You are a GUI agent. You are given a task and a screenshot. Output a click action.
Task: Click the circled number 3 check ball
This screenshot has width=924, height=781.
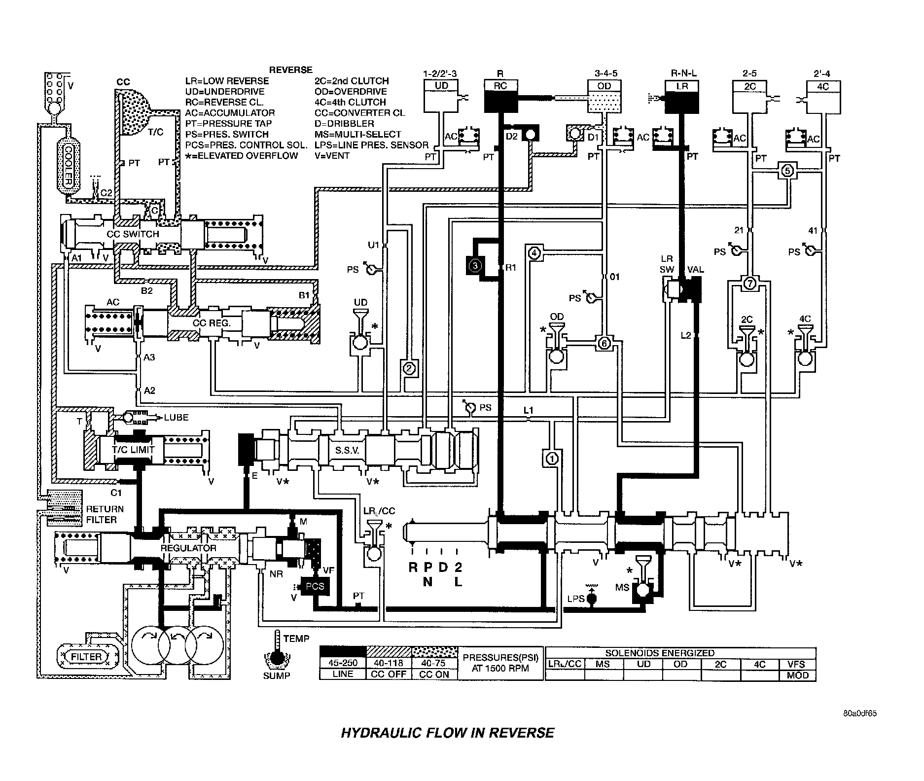pyautogui.click(x=475, y=266)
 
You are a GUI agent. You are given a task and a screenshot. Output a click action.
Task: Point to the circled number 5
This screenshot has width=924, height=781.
pyautogui.click(x=787, y=171)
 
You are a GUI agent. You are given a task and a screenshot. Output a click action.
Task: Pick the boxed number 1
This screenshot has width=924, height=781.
pyautogui.click(x=552, y=459)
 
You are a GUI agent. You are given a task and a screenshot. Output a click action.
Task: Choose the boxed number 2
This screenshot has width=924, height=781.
pyautogui.click(x=409, y=368)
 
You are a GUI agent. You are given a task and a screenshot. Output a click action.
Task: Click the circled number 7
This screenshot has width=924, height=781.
pyautogui.click(x=748, y=284)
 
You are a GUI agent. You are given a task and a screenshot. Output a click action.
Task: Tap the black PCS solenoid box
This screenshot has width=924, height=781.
pyautogui.click(x=315, y=587)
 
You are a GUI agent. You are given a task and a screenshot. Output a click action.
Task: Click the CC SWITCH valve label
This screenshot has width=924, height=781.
pyautogui.click(x=133, y=234)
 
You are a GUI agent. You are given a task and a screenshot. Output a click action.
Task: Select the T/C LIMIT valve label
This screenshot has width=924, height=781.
pyautogui.click(x=134, y=449)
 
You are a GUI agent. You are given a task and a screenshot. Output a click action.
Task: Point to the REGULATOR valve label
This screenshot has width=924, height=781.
pyautogui.click(x=188, y=548)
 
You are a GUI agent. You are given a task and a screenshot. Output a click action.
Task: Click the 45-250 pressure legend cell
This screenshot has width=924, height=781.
pyautogui.click(x=343, y=663)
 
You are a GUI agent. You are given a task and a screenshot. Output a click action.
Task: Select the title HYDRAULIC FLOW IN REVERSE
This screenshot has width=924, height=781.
pyautogui.click(x=447, y=733)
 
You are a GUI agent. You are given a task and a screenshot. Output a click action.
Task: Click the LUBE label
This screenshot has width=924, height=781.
pyautogui.click(x=176, y=417)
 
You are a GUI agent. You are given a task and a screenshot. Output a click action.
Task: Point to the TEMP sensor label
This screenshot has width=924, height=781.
pyautogui.click(x=296, y=639)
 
